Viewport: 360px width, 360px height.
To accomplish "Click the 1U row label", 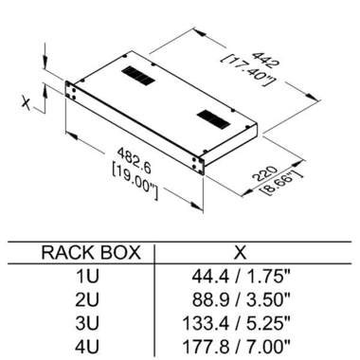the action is [x=87, y=276].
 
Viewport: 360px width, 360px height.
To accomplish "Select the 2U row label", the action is [x=87, y=299].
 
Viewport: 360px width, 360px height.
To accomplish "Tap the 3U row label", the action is [x=87, y=323].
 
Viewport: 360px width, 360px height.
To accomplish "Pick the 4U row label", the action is [x=87, y=346].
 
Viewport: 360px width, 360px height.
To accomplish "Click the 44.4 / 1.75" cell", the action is [x=241, y=276].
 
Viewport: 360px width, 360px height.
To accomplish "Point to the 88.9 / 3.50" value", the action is [x=241, y=299].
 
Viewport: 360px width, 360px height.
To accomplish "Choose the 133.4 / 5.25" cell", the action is [x=236, y=323].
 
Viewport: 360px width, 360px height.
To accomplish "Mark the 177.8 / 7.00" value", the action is [x=236, y=346].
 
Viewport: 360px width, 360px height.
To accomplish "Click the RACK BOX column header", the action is [x=91, y=253].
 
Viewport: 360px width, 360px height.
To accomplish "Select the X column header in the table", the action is [x=241, y=253].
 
